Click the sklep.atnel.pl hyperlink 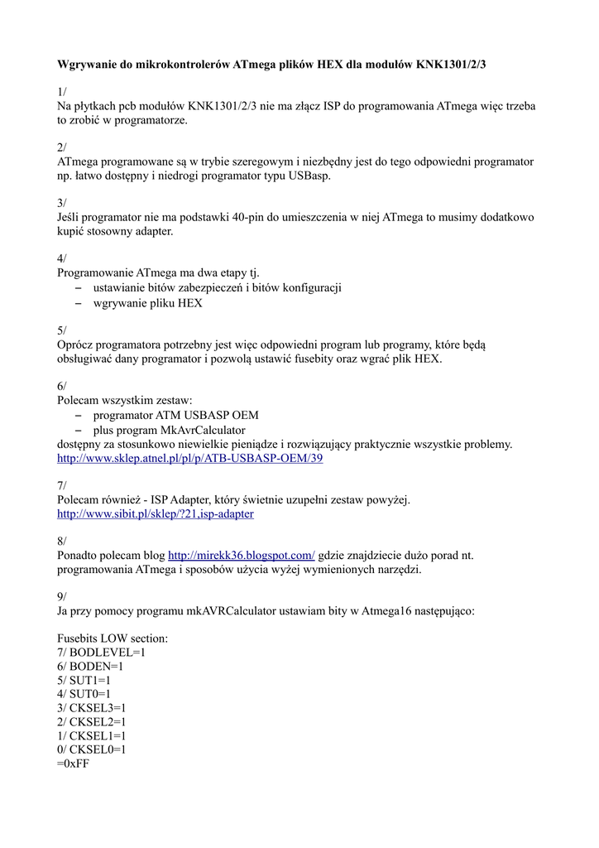click(x=189, y=458)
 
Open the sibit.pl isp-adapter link click(x=155, y=513)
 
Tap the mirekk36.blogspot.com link click(x=241, y=556)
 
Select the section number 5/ click(x=62, y=330)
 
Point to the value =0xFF click(x=74, y=764)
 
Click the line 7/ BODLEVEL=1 click(x=101, y=653)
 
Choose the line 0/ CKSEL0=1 click(x=91, y=750)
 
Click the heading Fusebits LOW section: click(x=113, y=638)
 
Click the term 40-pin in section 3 click(x=240, y=217)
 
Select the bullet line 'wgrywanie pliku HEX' click(x=147, y=302)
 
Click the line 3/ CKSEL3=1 click(x=91, y=708)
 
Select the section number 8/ click(x=62, y=542)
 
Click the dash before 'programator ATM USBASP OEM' click(x=79, y=416)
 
